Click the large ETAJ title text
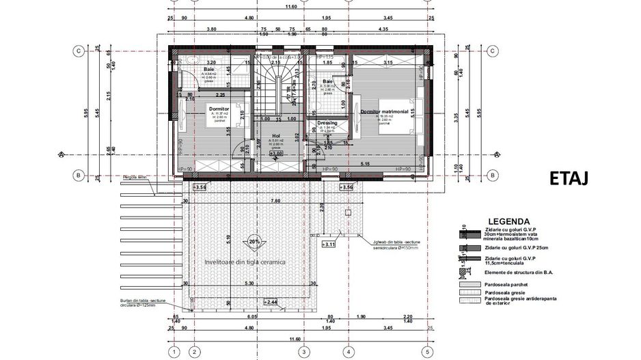tap(569, 179)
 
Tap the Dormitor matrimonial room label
tap(384, 111)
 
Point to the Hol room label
tap(276, 136)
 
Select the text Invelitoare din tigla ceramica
tap(244, 262)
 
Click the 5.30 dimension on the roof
tap(248, 283)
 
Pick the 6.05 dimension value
tap(252, 317)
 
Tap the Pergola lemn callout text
tap(135, 178)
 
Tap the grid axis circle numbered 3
tap(303, 352)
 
